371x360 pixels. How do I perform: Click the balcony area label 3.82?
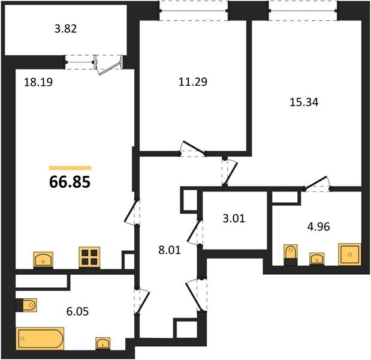click(x=65, y=29)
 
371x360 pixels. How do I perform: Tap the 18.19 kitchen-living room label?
click(x=38, y=83)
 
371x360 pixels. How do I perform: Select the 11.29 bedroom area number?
click(x=193, y=82)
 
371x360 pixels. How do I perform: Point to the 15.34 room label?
click(x=304, y=102)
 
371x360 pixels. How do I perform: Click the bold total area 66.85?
click(x=70, y=182)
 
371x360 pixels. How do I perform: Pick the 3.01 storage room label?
click(x=234, y=218)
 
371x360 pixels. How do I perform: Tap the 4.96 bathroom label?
click(x=318, y=227)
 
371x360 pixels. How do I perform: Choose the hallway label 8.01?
click(x=170, y=250)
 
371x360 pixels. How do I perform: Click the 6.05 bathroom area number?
click(x=77, y=311)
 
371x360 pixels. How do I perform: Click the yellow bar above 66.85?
click(x=70, y=168)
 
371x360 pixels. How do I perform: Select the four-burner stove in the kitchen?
click(x=89, y=257)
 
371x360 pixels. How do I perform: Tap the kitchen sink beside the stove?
click(x=43, y=260)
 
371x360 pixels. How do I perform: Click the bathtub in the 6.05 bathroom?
click(x=40, y=338)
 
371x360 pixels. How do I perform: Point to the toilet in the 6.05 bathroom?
click(x=26, y=305)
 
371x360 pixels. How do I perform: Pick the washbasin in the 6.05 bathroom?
click(x=103, y=343)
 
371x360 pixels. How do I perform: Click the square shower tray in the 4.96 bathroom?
click(x=350, y=254)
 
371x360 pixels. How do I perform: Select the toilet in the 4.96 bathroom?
click(x=291, y=254)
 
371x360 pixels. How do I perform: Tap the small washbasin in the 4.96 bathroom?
click(x=317, y=259)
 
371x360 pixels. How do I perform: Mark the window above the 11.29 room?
click(x=194, y=11)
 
